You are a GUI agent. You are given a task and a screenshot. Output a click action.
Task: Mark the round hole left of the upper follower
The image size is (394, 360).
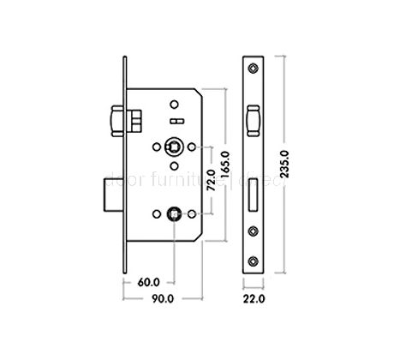pos(158,147)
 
